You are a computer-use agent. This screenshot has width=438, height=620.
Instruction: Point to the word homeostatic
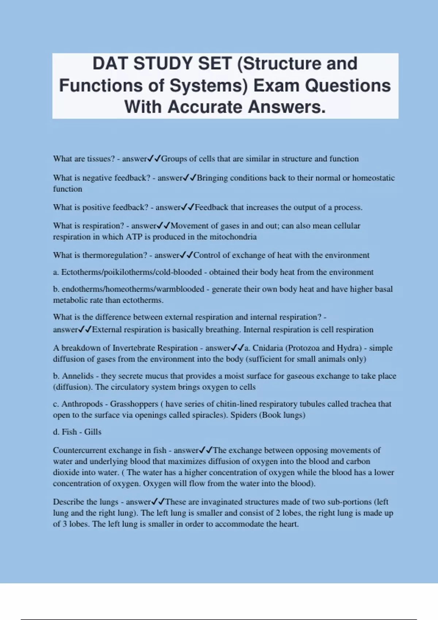coord(373,178)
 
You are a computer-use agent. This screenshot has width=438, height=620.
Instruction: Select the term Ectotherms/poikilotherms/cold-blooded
coord(131,272)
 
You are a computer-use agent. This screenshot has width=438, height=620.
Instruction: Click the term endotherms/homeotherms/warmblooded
coord(133,289)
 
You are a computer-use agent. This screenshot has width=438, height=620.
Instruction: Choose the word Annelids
coord(78,376)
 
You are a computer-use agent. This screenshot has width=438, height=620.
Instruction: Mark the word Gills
coord(93,432)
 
